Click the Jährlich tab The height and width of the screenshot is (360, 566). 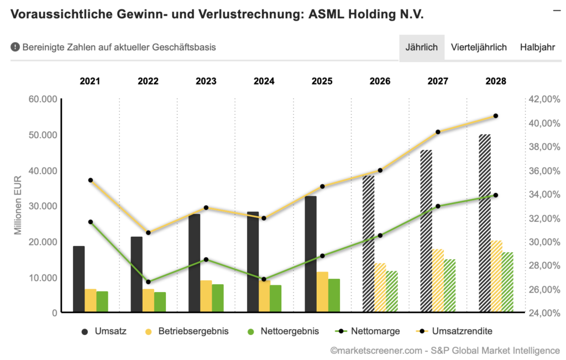coord(422,48)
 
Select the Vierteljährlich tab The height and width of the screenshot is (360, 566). coord(479,48)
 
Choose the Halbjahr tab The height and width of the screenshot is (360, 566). coord(537,48)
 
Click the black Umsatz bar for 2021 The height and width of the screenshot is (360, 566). coord(78,279)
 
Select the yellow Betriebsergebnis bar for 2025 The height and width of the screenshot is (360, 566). coord(322,292)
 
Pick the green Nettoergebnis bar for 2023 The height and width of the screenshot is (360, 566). coord(218,299)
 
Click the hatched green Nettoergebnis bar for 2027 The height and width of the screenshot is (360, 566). coord(450,286)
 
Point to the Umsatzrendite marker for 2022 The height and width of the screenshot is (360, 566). coord(148,233)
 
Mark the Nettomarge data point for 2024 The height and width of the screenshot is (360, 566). coord(264,279)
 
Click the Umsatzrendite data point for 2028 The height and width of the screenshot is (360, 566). coord(496,116)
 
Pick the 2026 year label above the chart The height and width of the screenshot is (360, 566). coord(380,81)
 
